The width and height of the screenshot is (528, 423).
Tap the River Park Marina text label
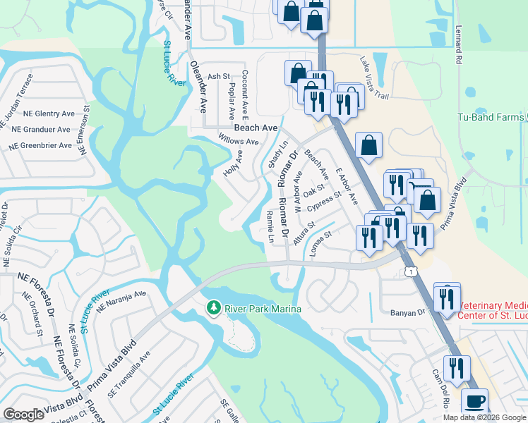tap(263, 309)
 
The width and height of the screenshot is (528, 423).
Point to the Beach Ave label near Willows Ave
tap(256, 128)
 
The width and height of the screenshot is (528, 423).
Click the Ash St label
tap(218, 76)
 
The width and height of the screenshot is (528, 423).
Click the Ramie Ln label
tap(270, 226)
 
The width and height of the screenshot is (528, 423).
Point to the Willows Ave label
tap(238, 141)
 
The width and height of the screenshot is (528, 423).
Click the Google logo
tap(23, 415)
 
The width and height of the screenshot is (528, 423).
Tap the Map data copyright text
tap(484, 417)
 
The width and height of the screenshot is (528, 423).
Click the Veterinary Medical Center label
tap(491, 310)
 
